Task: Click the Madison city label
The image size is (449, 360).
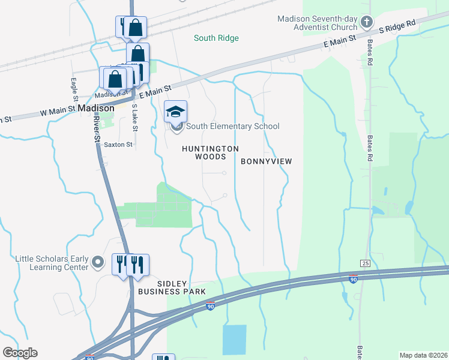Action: [96, 109]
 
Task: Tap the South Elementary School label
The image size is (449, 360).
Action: [232, 126]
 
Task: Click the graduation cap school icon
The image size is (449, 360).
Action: [176, 112]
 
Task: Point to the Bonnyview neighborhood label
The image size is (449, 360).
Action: [266, 161]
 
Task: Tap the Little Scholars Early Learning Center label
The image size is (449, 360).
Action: [52, 263]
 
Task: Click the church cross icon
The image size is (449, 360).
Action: [367, 24]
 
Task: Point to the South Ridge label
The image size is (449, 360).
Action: [216, 38]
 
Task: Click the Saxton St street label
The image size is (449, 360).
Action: [118, 145]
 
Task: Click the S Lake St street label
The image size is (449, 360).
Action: [134, 118]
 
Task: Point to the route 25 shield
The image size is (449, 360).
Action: [364, 263]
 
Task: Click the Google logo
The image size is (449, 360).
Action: [20, 353]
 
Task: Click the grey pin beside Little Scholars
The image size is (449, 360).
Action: [98, 262]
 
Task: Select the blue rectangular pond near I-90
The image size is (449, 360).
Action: [234, 340]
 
